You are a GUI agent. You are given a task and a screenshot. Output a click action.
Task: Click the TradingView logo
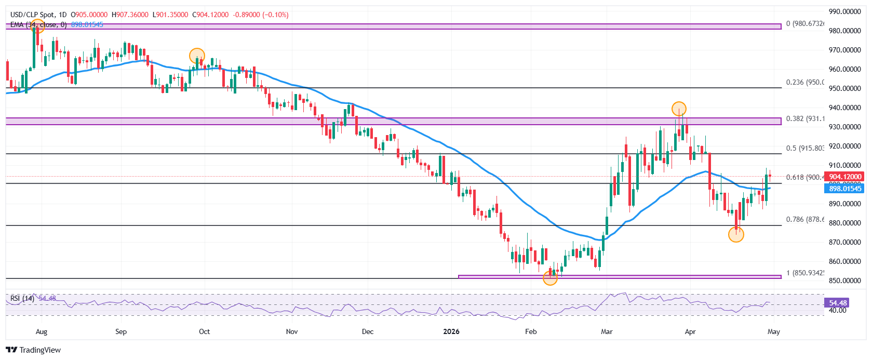pos(33,350)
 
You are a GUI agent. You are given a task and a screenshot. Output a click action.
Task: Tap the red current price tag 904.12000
pos(845,177)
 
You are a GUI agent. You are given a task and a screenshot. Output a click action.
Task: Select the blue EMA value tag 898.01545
pos(845,189)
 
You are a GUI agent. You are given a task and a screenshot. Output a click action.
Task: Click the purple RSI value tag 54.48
pos(837,302)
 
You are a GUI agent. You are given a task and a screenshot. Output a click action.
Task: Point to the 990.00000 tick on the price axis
pos(844,11)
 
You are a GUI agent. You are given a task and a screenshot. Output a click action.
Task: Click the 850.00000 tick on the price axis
pos(844,281)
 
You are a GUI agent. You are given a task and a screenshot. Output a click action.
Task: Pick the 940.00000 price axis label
pos(844,108)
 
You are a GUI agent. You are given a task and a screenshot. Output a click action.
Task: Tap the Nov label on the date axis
pos(292,331)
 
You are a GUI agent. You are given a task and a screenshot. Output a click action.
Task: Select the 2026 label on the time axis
pos(451,331)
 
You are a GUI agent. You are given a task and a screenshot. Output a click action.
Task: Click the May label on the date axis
pos(773,331)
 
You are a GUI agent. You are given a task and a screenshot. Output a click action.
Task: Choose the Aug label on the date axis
pos(41,331)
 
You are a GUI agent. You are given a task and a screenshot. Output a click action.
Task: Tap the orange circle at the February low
pos(550,277)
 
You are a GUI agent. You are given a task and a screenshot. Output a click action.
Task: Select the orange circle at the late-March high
pos(679,109)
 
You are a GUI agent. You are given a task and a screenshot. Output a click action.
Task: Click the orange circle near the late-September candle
pos(197,56)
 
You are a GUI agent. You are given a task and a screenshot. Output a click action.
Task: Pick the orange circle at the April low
pos(736,234)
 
